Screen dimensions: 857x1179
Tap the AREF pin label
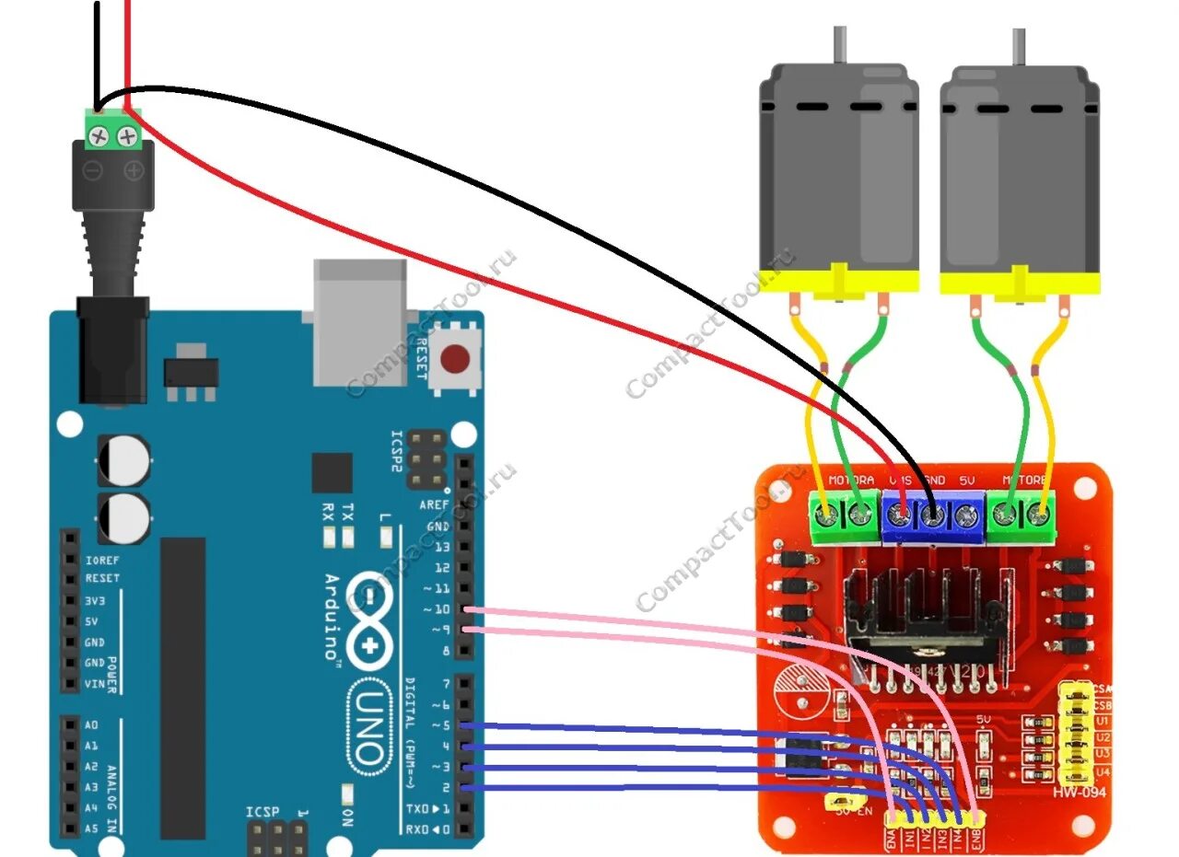click(435, 504)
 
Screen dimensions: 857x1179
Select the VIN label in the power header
click(95, 683)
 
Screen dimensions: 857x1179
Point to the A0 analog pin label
click(90, 725)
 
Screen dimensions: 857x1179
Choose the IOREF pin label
click(101, 559)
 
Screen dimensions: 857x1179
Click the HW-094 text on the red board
click(1080, 792)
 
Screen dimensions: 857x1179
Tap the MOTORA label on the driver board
click(851, 481)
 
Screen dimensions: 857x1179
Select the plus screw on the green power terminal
click(128, 137)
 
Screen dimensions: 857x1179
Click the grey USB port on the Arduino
click(359, 321)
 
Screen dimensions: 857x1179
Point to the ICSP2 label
click(397, 450)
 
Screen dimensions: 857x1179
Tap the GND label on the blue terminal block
click(934, 481)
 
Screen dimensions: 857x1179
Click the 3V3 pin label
click(95, 599)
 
